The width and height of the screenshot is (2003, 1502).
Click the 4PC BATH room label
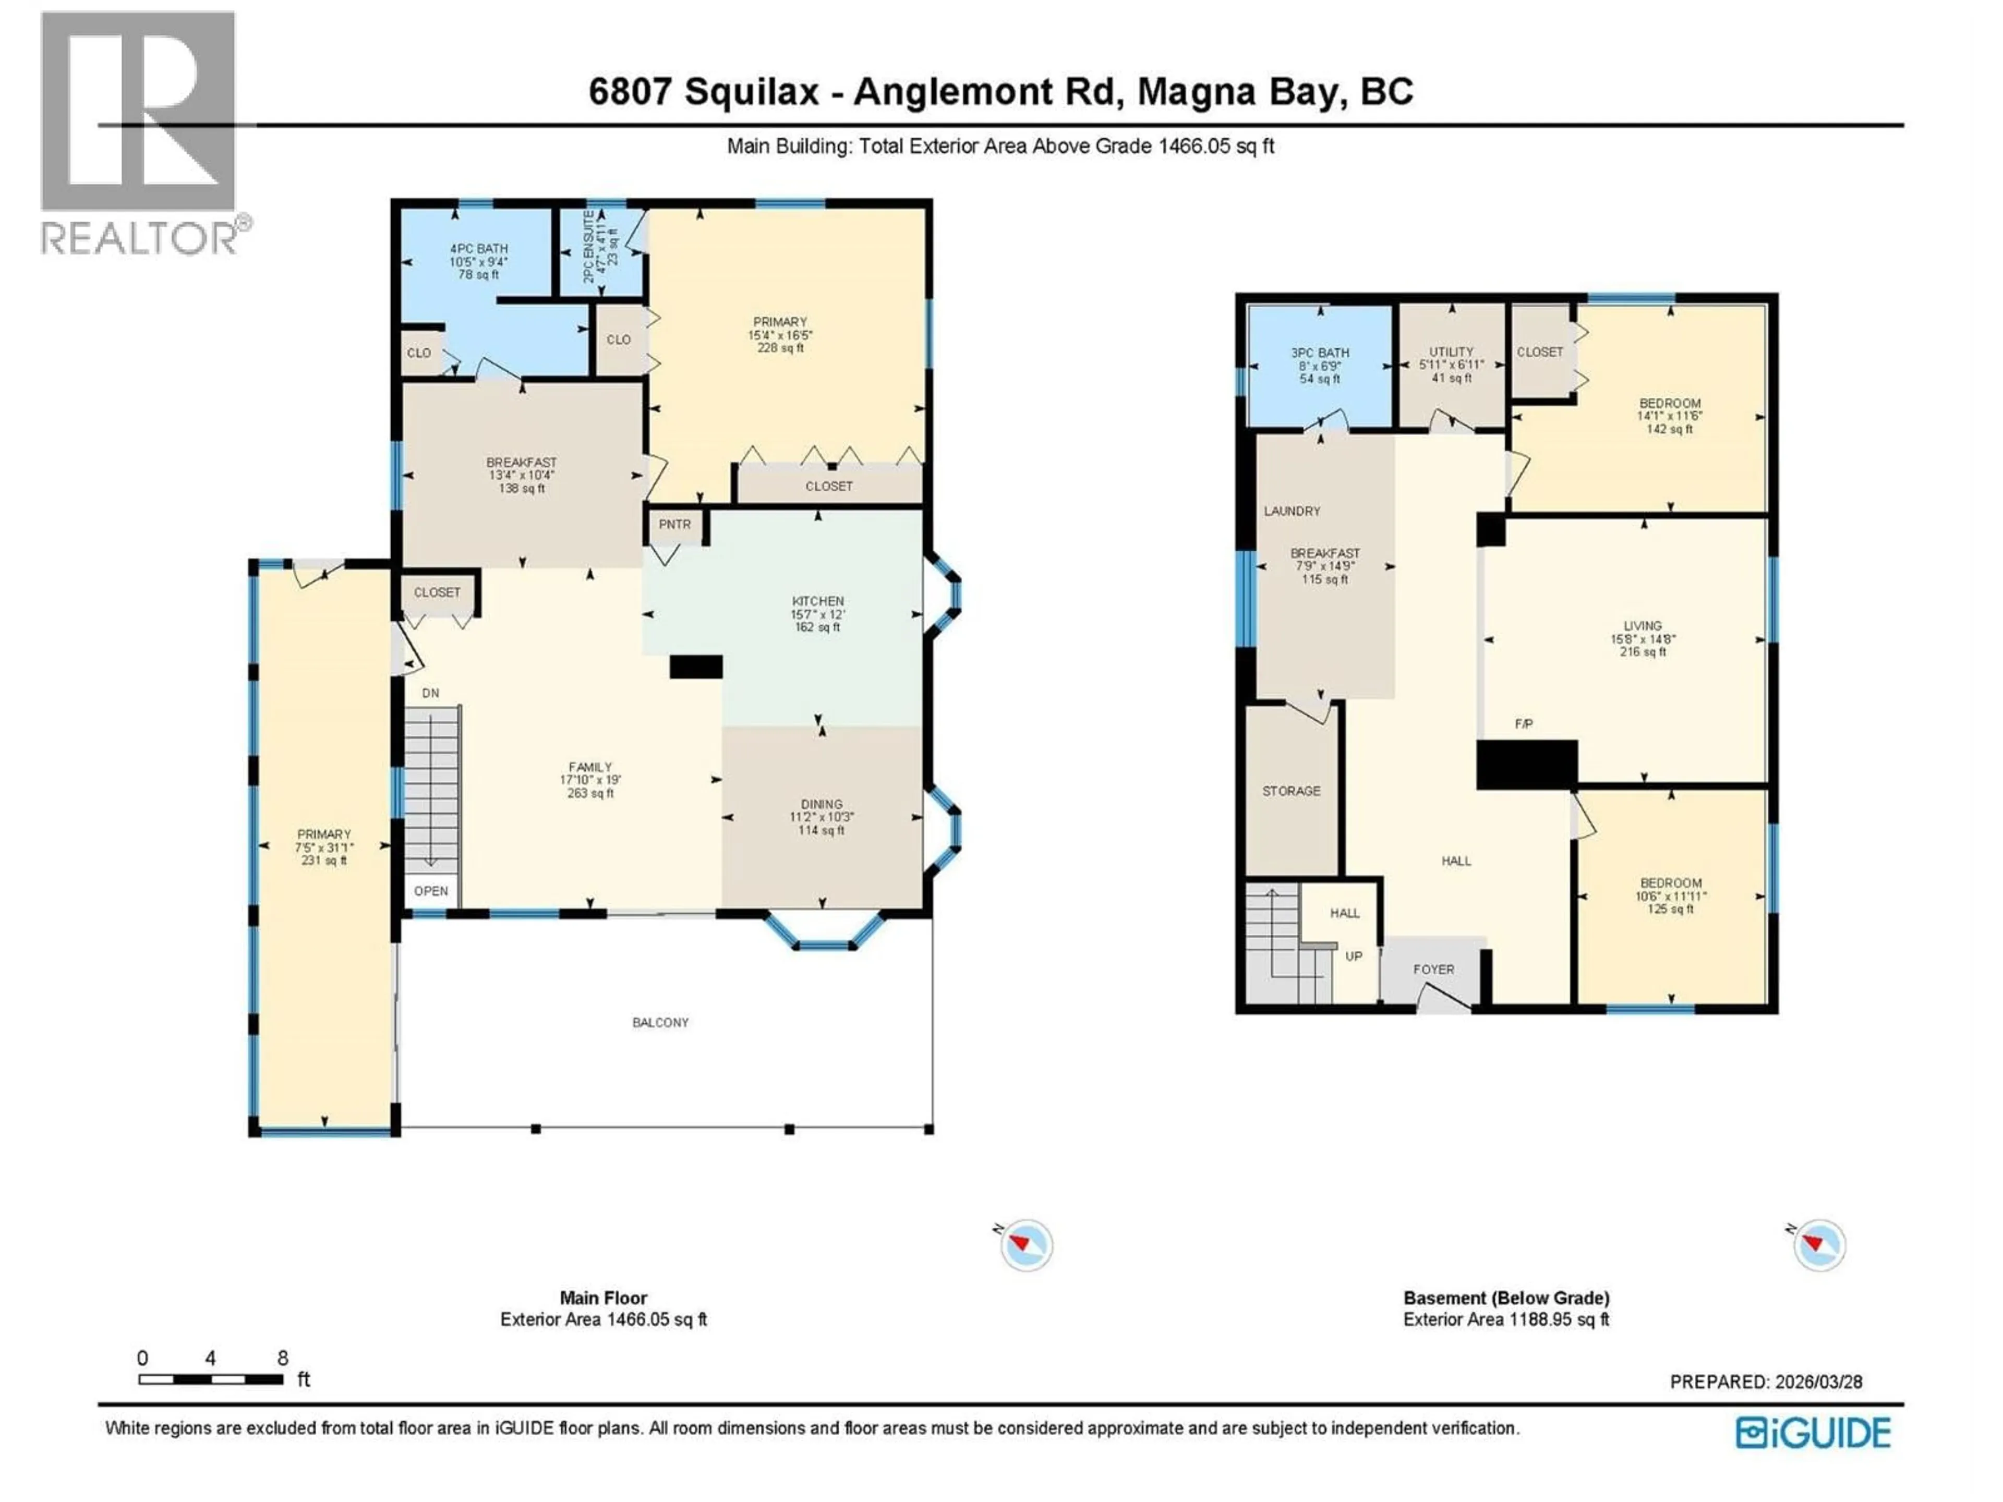[478, 249]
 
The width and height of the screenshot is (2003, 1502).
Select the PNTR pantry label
[674, 524]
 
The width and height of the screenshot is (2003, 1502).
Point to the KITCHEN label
[818, 601]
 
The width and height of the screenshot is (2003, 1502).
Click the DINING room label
[822, 804]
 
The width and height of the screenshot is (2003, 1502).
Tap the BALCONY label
[660, 1022]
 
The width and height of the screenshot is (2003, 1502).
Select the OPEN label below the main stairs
[431, 891]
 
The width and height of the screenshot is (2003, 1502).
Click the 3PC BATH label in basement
[1319, 353]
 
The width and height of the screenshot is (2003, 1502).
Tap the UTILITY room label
[1452, 352]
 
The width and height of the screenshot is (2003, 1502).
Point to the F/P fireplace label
[1524, 724]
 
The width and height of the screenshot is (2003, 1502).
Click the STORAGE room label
[1292, 791]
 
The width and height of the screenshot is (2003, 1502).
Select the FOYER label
[1433, 969]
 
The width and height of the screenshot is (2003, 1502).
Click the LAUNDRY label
[1292, 511]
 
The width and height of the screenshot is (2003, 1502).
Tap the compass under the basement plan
[1819, 1245]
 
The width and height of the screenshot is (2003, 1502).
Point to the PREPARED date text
[1766, 1382]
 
